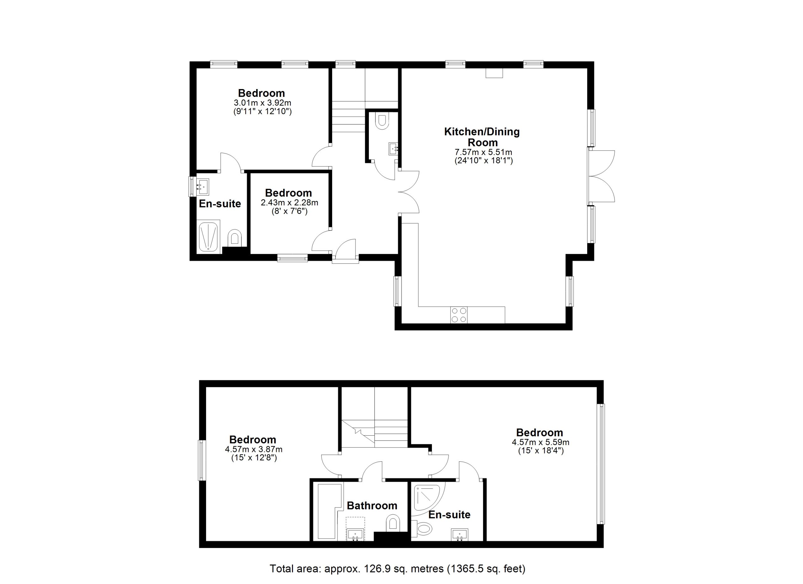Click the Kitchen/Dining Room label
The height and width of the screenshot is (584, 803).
tap(482, 137)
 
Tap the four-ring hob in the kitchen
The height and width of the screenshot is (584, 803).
tap(459, 315)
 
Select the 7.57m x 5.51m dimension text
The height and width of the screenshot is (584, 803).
tap(483, 152)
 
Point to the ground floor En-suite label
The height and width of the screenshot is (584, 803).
tap(220, 204)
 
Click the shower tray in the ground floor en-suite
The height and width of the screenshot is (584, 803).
tap(209, 236)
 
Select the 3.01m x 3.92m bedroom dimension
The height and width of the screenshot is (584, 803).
tap(262, 103)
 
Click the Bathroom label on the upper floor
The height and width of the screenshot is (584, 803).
tap(372, 506)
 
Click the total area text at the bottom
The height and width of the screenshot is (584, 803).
tap(397, 568)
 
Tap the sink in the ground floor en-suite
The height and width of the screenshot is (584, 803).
tap(203, 187)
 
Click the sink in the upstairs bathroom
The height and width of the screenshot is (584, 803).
tap(355, 534)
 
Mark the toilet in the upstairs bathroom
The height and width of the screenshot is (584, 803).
tap(393, 523)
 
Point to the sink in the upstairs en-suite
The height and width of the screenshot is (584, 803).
tap(460, 534)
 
